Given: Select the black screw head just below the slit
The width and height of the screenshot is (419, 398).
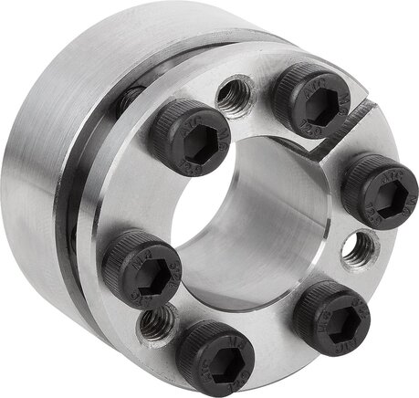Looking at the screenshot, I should click(x=379, y=186).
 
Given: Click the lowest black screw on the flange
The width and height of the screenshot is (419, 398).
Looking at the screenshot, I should click(x=215, y=358).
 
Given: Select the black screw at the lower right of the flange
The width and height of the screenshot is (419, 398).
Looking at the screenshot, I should click(x=330, y=313).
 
